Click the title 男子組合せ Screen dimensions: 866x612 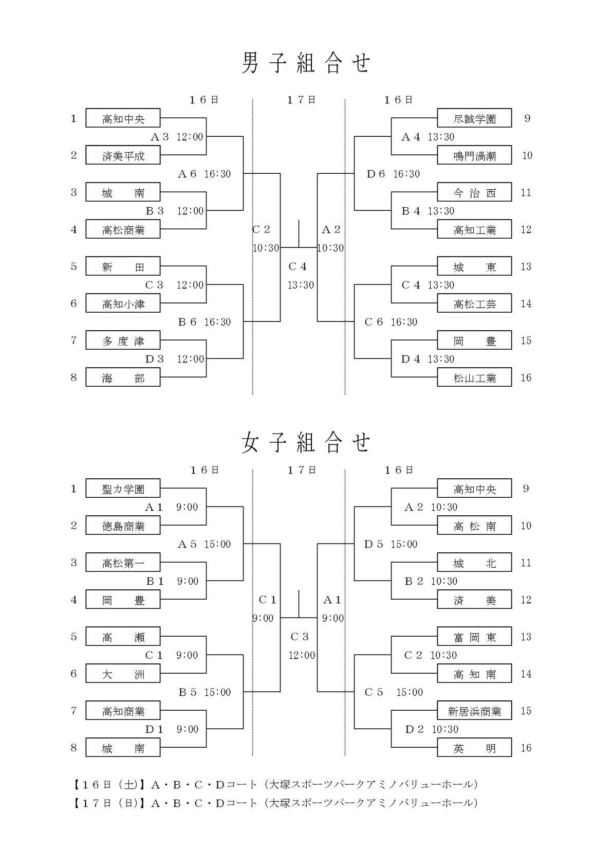[306, 63]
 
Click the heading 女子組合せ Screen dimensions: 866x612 [306, 443]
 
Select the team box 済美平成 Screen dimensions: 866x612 [123, 155]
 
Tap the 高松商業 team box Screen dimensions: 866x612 [123, 229]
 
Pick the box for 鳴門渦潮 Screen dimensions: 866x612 [474, 155]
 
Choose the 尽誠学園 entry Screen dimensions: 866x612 [474, 118]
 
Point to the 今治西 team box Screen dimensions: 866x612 [474, 192]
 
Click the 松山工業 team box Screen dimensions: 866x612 [474, 377]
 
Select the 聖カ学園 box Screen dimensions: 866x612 [123, 489]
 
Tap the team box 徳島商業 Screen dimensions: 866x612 [123, 526]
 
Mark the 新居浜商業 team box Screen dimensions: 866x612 [474, 711]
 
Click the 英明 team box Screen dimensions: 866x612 [474, 748]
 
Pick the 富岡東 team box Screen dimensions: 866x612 [474, 637]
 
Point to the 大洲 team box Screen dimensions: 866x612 [123, 674]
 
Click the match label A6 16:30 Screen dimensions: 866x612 [204, 174]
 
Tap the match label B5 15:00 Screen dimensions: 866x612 [205, 692]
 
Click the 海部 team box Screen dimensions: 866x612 [123, 377]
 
